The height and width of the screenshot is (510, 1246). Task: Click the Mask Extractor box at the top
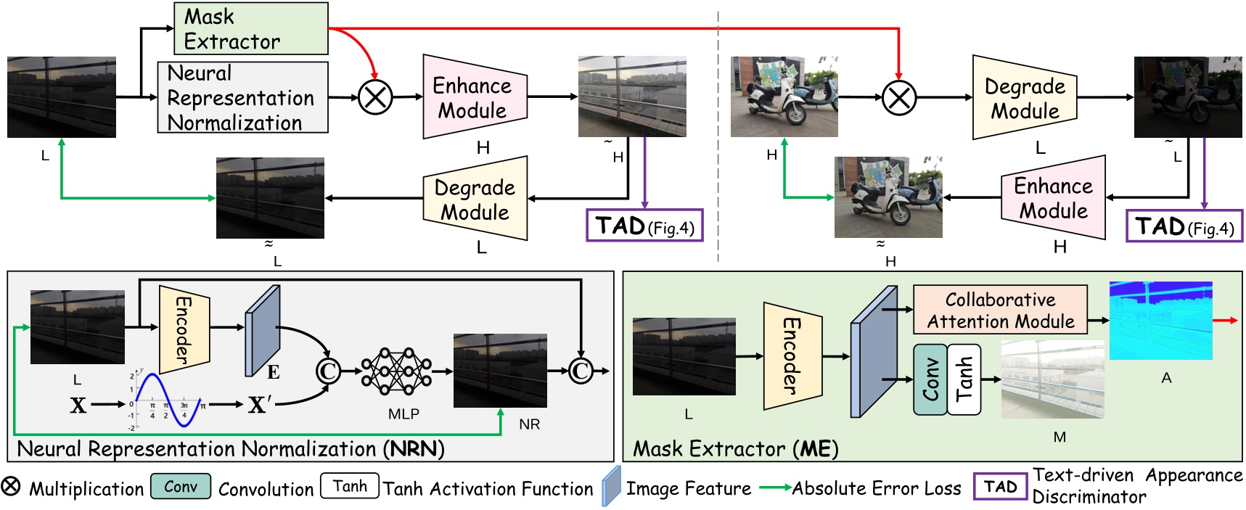(250, 28)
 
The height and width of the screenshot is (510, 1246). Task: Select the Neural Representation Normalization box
(242, 97)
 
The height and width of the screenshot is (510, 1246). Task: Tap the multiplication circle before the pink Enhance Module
(375, 97)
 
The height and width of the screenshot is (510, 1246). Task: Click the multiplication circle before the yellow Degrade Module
(898, 97)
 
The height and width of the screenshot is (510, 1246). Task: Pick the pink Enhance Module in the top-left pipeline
(474, 97)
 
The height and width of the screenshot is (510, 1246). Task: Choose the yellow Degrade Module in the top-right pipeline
(1024, 98)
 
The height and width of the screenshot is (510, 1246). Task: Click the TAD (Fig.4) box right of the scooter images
(1184, 226)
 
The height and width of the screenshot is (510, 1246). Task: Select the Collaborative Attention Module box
(1000, 310)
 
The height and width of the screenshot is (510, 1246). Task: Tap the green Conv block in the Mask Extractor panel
(930, 379)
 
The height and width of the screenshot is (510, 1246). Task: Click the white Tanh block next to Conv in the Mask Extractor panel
(964, 379)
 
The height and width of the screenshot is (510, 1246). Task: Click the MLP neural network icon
(396, 371)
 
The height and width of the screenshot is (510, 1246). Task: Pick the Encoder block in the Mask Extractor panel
(792, 355)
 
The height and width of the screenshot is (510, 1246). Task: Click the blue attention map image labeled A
(1160, 320)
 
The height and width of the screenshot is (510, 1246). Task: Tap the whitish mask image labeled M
(1052, 379)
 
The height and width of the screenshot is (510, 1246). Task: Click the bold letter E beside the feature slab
(273, 372)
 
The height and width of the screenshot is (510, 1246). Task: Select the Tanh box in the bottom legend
(350, 486)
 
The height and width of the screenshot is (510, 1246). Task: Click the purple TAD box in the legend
(1000, 487)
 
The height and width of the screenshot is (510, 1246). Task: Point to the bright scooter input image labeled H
(784, 96)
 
